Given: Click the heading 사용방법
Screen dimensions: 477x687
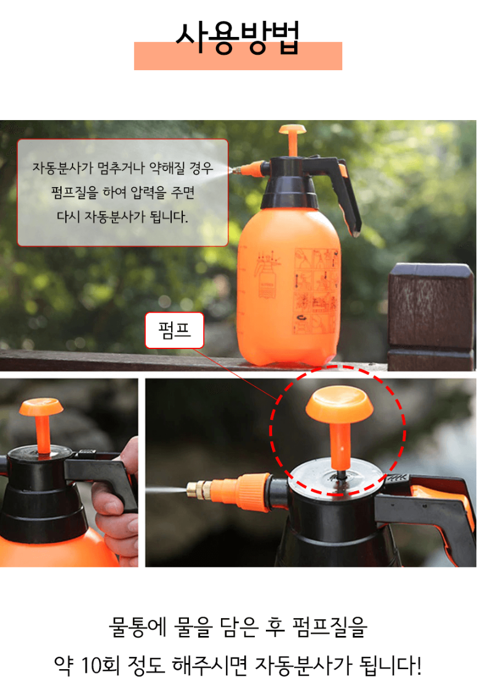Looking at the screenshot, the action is (238, 38).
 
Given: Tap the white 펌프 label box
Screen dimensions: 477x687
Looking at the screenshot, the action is (174, 331).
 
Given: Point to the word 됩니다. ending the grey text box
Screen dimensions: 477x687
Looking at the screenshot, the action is (169, 217).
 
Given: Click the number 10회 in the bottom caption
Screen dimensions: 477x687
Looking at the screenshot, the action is (100, 665).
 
